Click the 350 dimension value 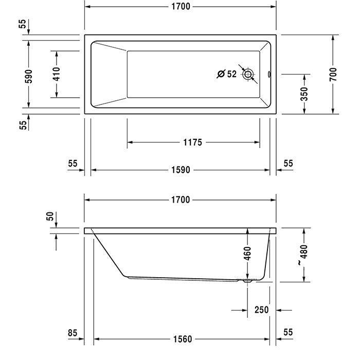304,94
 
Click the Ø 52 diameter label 227,74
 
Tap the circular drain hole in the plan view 249,75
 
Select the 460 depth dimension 247,253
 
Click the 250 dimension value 262,310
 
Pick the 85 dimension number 72,334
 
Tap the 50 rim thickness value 50,217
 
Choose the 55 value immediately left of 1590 72,163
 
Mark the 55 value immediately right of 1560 288,334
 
